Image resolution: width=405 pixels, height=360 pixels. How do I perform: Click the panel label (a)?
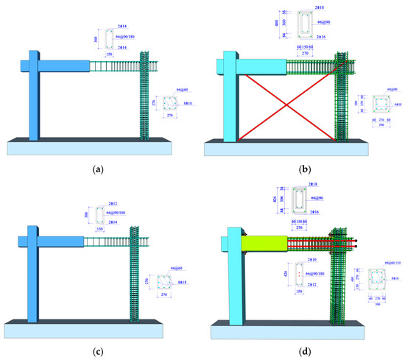(x=97, y=169)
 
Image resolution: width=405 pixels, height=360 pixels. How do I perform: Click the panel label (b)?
(x=303, y=169)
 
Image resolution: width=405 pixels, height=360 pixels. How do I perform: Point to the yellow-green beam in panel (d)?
(x=262, y=241)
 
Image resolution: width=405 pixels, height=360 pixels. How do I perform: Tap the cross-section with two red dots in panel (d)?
(x=299, y=277)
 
